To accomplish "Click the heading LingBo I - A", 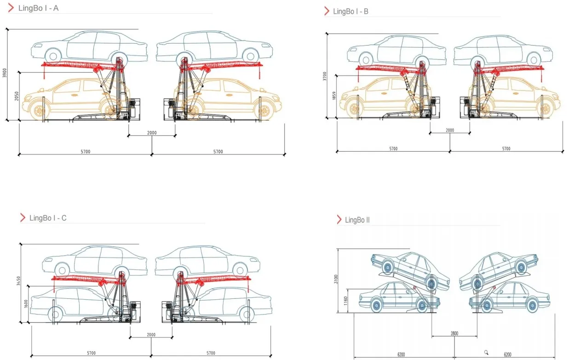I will click(x=38, y=8).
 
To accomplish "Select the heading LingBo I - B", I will click(x=350, y=11).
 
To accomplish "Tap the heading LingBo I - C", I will click(x=48, y=218).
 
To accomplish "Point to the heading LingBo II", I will click(x=357, y=220).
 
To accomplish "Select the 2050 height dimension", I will click(x=17, y=96).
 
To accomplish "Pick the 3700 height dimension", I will click(x=325, y=75).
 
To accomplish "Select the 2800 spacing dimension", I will click(x=454, y=333).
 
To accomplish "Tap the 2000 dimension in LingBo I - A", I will click(x=152, y=133).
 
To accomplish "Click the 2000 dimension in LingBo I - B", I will click(x=450, y=130).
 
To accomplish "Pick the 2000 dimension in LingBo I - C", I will click(x=151, y=335).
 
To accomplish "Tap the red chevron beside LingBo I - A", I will click(x=11, y=8).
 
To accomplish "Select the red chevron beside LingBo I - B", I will click(x=327, y=11).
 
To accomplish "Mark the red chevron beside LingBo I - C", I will click(x=23, y=218).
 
